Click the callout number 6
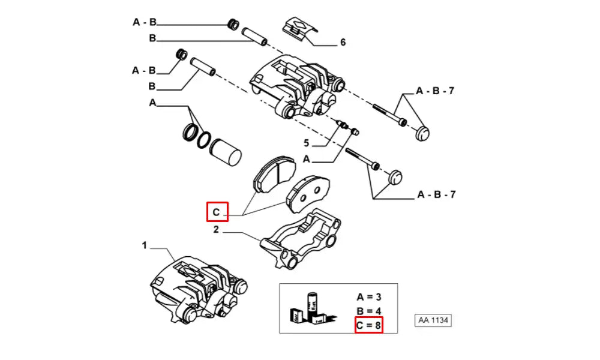click(343, 43)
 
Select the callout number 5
click(305, 143)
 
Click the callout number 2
click(216, 229)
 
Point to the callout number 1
click(144, 245)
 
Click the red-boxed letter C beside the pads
click(217, 211)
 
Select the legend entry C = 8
click(368, 325)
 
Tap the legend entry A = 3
click(368, 296)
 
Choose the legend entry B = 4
click(368, 311)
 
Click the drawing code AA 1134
click(432, 320)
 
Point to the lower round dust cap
click(394, 178)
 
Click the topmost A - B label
click(145, 23)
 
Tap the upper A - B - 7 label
click(436, 91)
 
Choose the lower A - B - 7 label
click(436, 194)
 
